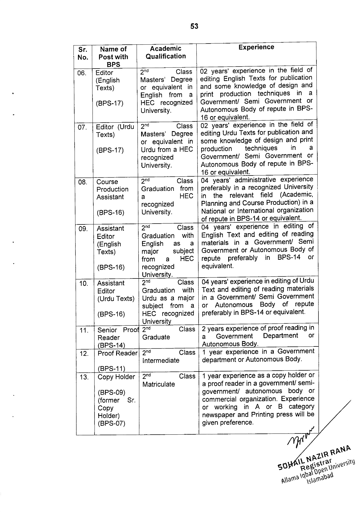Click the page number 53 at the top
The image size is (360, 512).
click(x=194, y=26)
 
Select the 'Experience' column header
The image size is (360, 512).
click(x=256, y=47)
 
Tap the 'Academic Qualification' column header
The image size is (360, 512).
click(x=166, y=53)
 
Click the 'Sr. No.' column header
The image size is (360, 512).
click(x=83, y=53)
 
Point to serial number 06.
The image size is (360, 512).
click(x=82, y=73)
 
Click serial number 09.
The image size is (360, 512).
click(x=83, y=229)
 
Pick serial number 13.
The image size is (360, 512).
click(x=84, y=377)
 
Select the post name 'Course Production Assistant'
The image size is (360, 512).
click(x=112, y=189)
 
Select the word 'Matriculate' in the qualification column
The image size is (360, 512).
click(x=159, y=384)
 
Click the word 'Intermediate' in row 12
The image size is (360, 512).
click(x=161, y=361)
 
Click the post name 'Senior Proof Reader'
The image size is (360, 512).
click(x=117, y=334)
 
